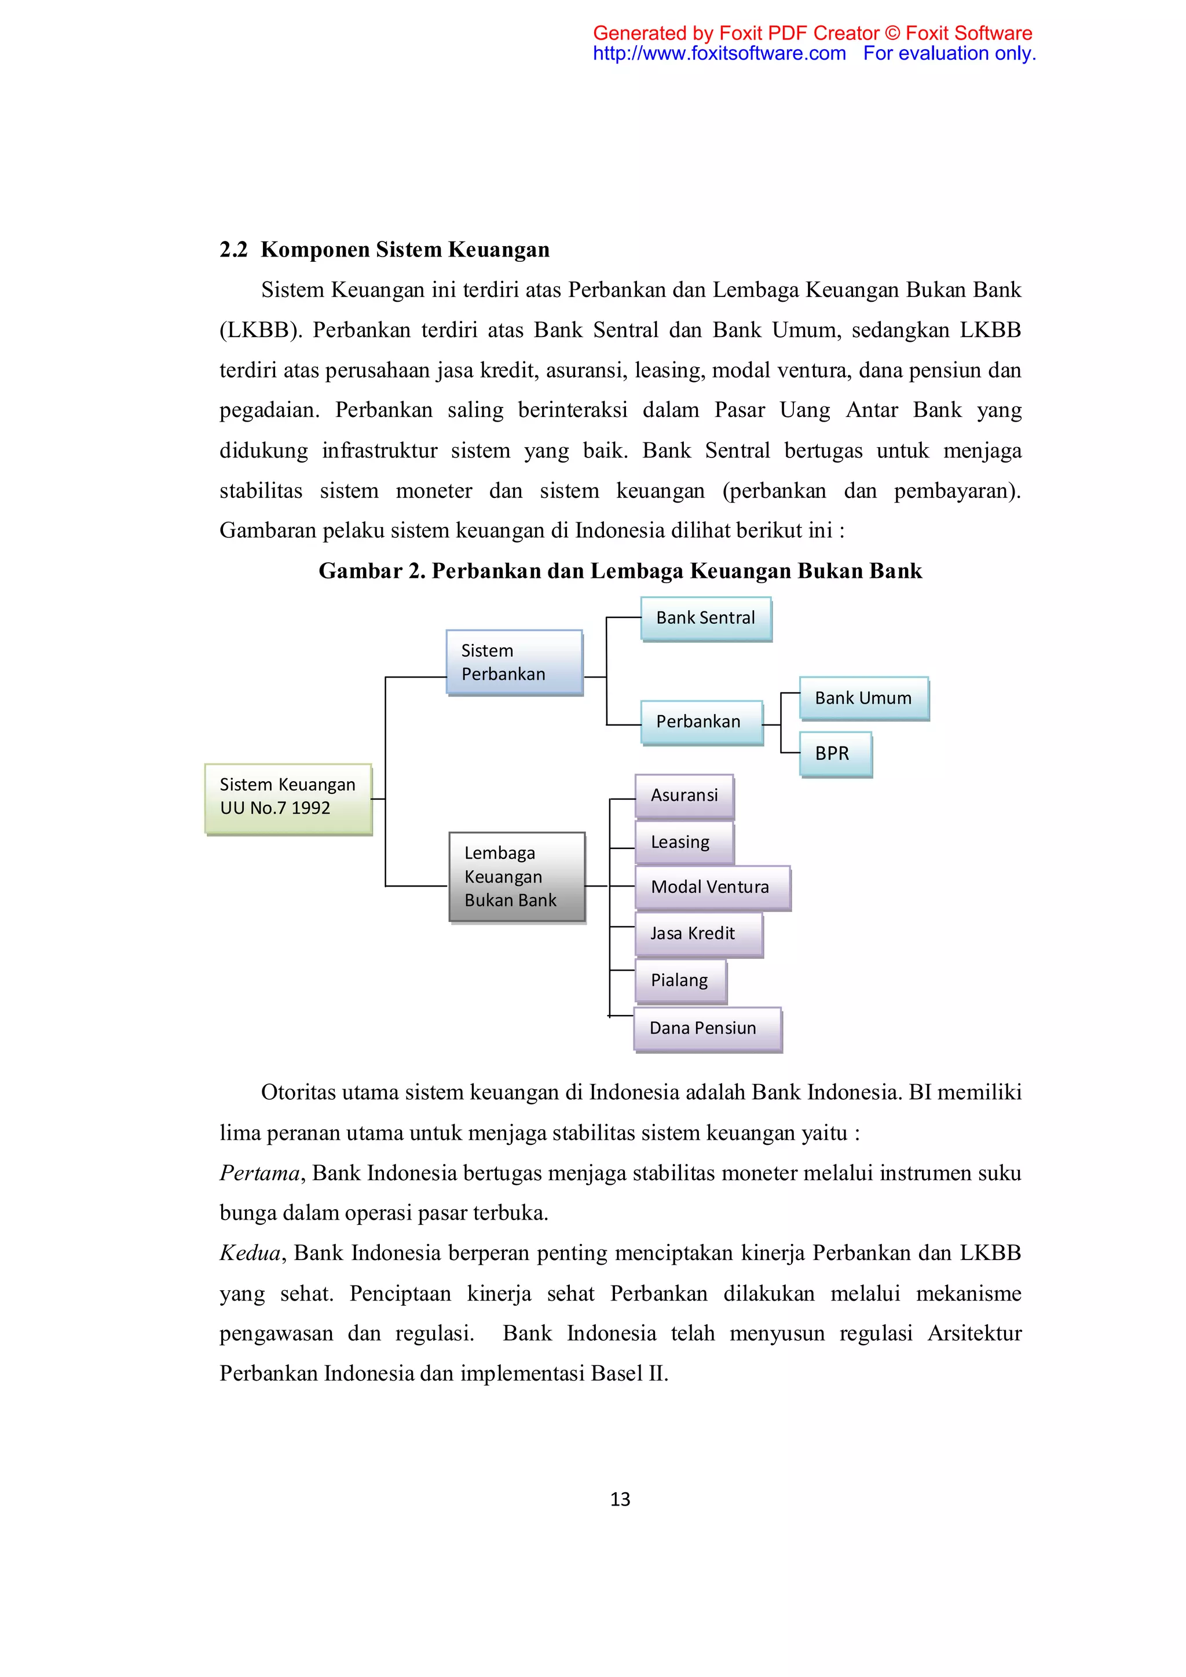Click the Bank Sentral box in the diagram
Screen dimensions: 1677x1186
[x=705, y=618]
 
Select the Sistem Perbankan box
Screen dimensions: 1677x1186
[x=514, y=662]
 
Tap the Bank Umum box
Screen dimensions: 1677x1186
[x=863, y=698]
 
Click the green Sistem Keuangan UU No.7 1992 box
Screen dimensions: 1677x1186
[x=288, y=799]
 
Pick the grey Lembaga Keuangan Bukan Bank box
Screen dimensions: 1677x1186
[x=517, y=877]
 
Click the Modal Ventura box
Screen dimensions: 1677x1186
[x=712, y=888]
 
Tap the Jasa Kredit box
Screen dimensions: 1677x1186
[x=698, y=933]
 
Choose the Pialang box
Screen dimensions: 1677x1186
[x=680, y=980]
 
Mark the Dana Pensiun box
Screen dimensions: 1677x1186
[x=707, y=1028]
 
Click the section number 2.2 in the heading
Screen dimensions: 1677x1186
[x=234, y=250]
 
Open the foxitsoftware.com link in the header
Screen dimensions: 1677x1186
[x=719, y=53]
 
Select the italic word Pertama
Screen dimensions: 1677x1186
[x=260, y=1173]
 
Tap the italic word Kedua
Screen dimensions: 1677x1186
[x=250, y=1253]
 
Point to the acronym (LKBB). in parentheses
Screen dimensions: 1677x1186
[x=261, y=330]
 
